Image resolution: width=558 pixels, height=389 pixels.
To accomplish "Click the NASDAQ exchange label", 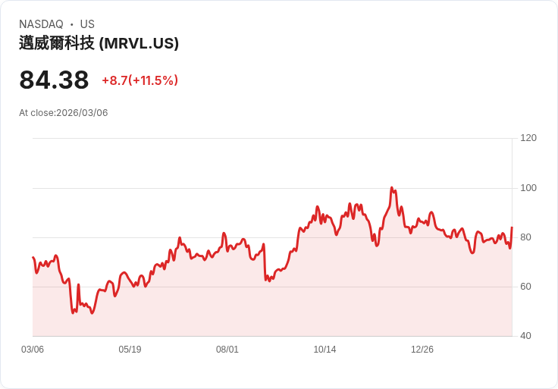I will (41, 24).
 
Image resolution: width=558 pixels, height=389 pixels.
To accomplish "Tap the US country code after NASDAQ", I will (87, 24).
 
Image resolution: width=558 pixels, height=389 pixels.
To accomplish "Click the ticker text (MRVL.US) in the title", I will (139, 43).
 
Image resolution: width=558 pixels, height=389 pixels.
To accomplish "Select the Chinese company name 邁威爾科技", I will (57, 43).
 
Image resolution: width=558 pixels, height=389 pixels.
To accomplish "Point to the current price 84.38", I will (54, 80).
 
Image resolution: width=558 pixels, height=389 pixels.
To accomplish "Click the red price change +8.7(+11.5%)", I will (139, 80).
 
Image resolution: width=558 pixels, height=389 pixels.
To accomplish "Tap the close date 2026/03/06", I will (82, 113).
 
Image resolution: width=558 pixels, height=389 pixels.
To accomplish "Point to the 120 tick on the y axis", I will (528, 138).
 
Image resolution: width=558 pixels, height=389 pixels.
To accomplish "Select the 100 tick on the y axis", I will (528, 188).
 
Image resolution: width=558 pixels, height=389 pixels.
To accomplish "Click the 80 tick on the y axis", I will (525, 237).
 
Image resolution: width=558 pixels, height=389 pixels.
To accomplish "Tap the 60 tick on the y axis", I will (525, 287).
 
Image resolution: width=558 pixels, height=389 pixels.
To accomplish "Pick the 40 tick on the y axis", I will (525, 336).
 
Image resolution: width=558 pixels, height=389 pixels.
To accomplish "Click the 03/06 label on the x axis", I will (33, 350).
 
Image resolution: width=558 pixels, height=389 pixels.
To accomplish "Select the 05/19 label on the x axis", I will (130, 350).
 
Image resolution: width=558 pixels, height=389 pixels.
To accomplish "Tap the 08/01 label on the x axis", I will (227, 350).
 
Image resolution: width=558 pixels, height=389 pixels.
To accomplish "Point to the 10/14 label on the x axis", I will (324, 350).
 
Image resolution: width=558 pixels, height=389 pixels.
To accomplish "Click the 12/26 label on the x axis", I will (422, 350).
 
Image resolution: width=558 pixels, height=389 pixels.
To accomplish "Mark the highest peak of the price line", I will (391, 187).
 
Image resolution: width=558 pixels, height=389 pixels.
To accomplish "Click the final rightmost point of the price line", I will (512, 227).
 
